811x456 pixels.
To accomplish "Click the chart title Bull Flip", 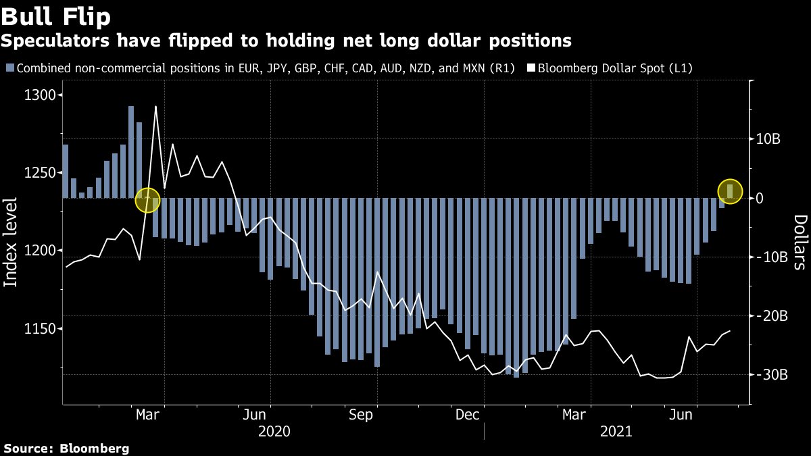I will (x=56, y=15).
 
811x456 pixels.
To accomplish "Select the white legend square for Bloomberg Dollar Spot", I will (x=531, y=68).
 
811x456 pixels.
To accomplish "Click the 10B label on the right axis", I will (x=768, y=139).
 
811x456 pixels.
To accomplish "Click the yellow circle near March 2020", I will (x=148, y=199).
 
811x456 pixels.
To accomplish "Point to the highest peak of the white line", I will (x=156, y=107).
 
